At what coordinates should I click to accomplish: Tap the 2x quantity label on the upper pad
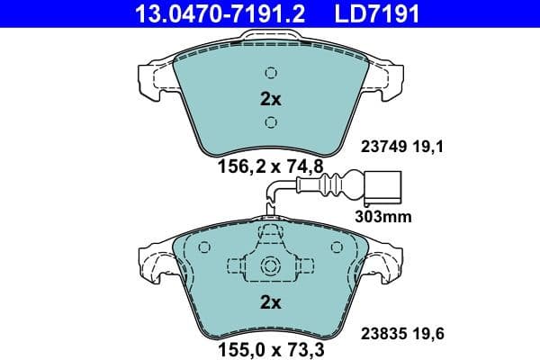tap(271, 99)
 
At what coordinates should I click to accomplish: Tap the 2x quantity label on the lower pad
tap(271, 302)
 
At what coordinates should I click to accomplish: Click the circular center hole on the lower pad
tap(271, 266)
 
